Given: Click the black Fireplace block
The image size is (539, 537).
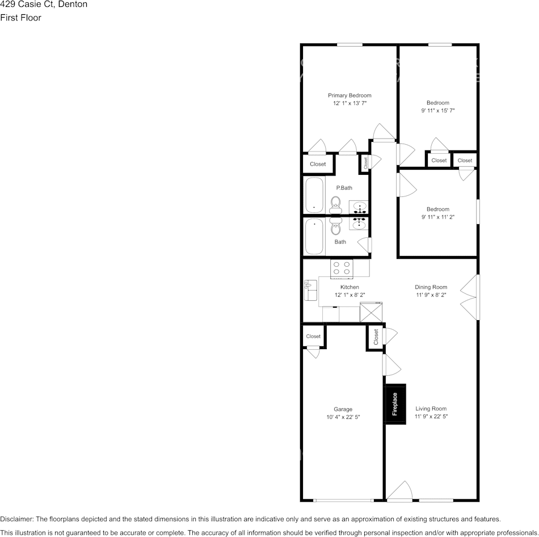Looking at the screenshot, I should pyautogui.click(x=395, y=404).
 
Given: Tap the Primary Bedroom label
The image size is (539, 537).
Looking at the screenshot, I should pyautogui.click(x=349, y=95).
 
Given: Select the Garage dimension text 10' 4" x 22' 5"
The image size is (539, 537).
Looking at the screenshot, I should pyautogui.click(x=343, y=417).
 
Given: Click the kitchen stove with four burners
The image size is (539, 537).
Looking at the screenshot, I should pyautogui.click(x=342, y=268).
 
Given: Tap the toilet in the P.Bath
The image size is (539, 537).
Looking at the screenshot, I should pyautogui.click(x=335, y=203).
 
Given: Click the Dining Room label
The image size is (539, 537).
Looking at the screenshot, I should pyautogui.click(x=431, y=287).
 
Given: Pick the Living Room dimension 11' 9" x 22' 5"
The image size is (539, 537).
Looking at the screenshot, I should pyautogui.click(x=431, y=417).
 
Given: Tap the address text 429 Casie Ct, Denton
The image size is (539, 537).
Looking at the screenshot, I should pyautogui.click(x=44, y=5).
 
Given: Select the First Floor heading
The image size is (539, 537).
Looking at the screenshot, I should pyautogui.click(x=21, y=18).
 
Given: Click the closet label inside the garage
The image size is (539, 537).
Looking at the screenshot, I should pyautogui.click(x=313, y=337).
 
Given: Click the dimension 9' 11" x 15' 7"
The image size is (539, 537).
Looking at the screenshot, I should pyautogui.click(x=438, y=111).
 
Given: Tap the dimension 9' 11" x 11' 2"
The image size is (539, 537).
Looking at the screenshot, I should pyautogui.click(x=438, y=217).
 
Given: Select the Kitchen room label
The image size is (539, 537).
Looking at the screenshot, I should pyautogui.click(x=349, y=287).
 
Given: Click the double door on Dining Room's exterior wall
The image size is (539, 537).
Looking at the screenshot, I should pyautogui.click(x=470, y=297).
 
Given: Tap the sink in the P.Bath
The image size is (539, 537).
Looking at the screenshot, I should pyautogui.click(x=359, y=207).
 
